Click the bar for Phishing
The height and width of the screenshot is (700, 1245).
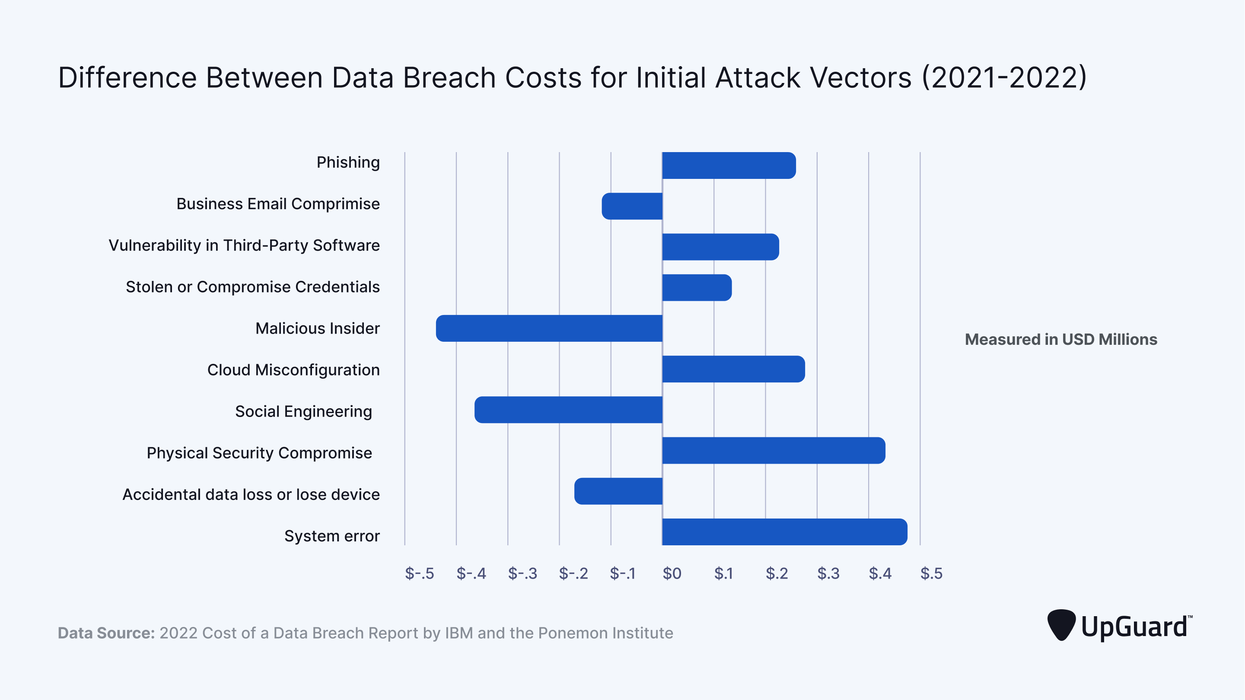[x=729, y=165]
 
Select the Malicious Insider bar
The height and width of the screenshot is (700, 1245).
[x=549, y=328]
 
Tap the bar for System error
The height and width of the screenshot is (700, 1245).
[x=784, y=532]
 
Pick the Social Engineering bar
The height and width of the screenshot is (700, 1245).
[x=568, y=410]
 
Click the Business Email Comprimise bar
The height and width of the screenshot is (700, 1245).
[x=632, y=206]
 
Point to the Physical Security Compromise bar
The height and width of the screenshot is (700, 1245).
[x=773, y=451]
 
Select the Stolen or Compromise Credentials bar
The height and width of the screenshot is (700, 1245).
[x=697, y=288]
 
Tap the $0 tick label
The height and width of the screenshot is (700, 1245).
[x=672, y=573]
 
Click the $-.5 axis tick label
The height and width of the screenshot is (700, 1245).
[x=419, y=573]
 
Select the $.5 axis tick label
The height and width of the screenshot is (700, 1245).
[x=931, y=573]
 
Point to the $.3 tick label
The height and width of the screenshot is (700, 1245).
[x=828, y=573]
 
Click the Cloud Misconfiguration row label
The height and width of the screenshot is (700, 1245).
[x=293, y=370]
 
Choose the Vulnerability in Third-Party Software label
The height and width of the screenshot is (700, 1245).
[x=244, y=245]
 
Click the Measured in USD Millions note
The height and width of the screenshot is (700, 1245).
[x=1061, y=339]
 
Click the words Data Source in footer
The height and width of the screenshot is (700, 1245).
[x=106, y=633]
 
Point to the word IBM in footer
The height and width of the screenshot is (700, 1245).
[x=459, y=633]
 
